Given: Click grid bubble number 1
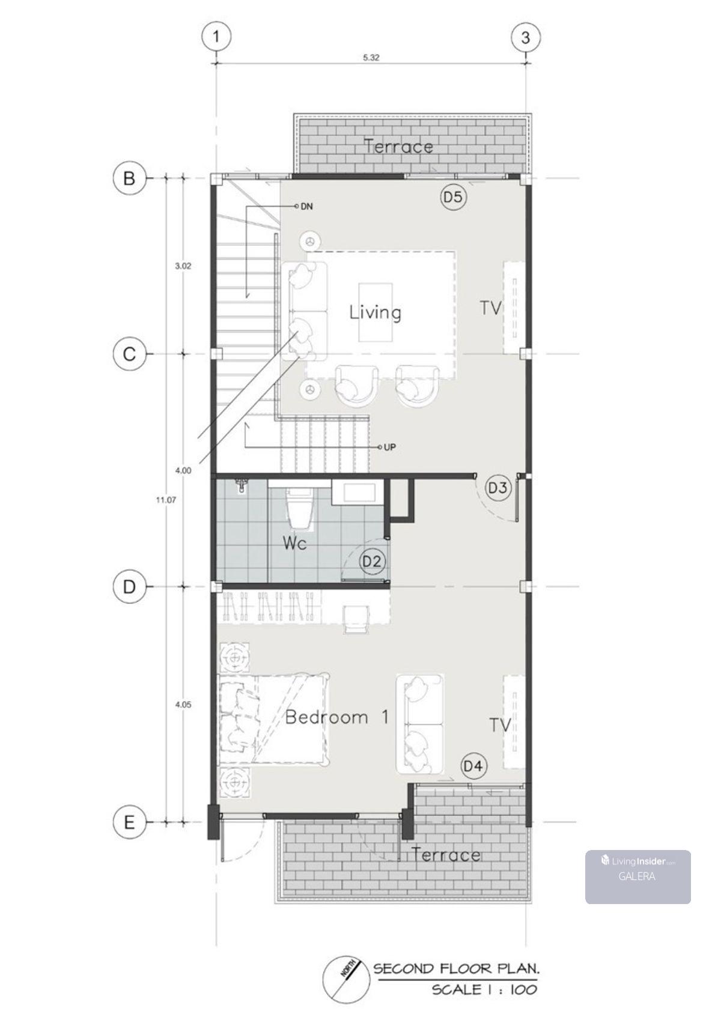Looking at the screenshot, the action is tap(216, 36).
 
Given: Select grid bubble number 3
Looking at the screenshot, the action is tap(526, 37).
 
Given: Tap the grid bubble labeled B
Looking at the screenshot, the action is tap(129, 178).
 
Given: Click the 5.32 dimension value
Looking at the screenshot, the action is tap(371, 58).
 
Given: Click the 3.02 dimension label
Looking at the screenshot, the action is tap(183, 266).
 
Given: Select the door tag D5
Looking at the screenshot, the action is tap(453, 197).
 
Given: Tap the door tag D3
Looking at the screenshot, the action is tap(497, 488).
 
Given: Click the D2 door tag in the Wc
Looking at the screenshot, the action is tap(371, 561).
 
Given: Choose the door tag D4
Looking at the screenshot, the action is tap(473, 765).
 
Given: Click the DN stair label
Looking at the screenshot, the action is tap(306, 207).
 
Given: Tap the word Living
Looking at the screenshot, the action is tap(375, 313).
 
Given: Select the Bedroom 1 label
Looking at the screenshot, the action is tap(337, 717).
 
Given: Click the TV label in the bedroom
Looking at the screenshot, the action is tap(500, 724).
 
